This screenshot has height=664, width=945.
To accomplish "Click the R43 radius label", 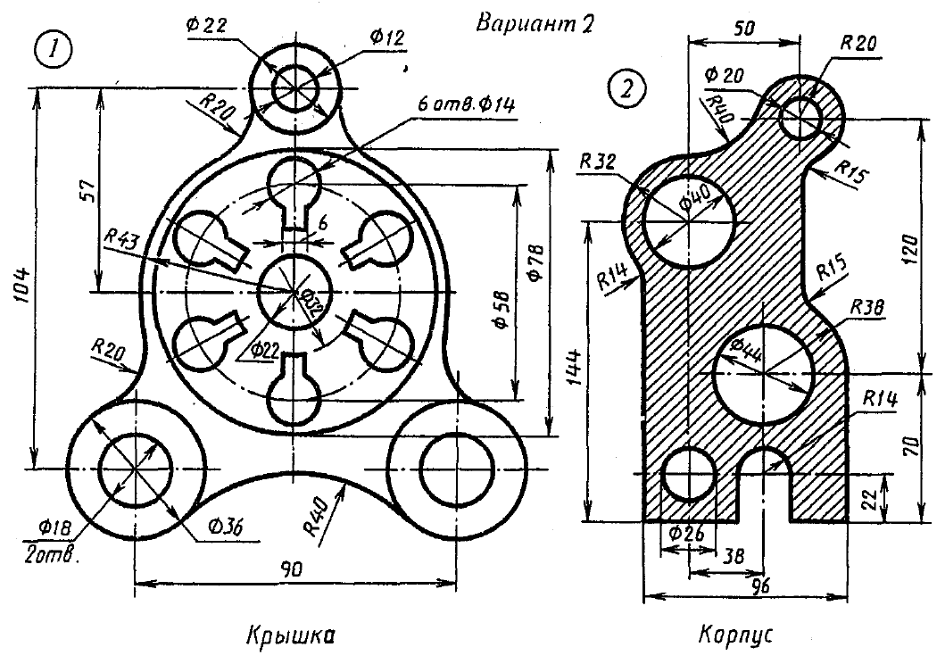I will [122, 237].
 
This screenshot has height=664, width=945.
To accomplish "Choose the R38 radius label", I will [866, 306].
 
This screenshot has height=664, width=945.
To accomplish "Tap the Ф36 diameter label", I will [223, 526].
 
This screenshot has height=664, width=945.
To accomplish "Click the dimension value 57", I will [86, 190].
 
